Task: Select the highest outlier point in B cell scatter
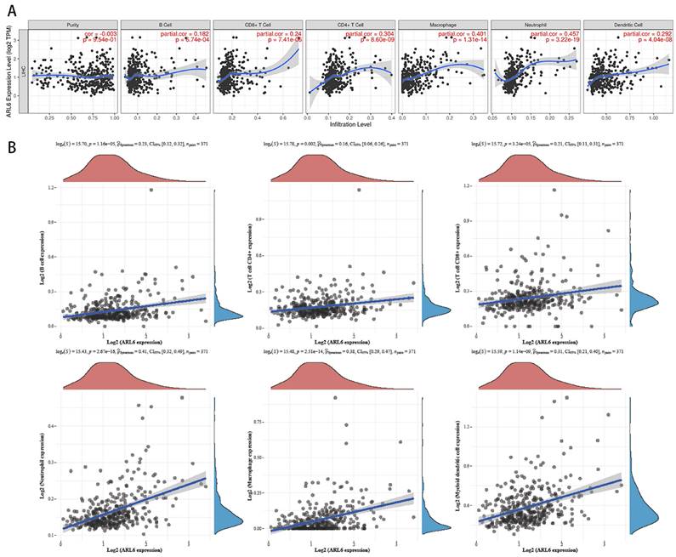tap(153, 190)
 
